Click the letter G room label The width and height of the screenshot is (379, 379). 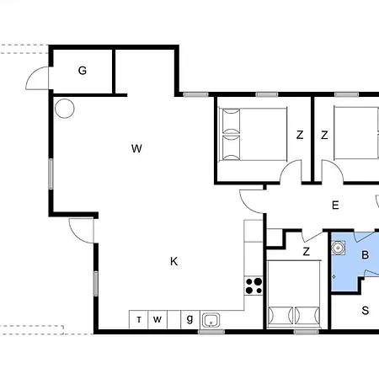83,71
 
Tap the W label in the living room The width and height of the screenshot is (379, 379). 136,148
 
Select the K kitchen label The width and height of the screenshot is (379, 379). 173,261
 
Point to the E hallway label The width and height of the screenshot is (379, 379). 335,206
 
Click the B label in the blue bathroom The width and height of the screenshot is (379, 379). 365,255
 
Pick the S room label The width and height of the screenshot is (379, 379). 365,311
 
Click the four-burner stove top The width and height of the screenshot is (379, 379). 254,286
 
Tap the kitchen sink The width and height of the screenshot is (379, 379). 211,320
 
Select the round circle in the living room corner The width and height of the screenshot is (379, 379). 65,109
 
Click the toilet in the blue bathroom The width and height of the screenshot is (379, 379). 338,248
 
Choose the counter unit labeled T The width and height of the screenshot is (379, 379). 138,320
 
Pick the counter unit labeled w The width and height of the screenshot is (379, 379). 157,320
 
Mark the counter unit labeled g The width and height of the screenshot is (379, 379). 190,320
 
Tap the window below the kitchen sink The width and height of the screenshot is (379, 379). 211,332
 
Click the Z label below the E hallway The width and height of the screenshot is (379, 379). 307,251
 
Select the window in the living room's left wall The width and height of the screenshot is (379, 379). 51,173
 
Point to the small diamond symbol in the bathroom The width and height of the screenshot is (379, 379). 334,277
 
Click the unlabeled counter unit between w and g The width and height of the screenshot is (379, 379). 174,320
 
